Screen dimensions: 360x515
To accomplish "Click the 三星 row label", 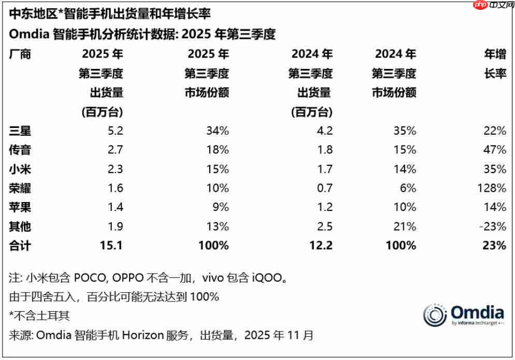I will (x=21, y=130).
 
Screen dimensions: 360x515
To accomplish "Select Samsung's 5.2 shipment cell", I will (x=113, y=130).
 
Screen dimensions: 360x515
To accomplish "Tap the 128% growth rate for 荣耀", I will (x=493, y=188).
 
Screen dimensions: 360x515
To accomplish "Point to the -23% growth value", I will (x=493, y=226).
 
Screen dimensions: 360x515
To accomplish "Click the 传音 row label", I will (x=21, y=149).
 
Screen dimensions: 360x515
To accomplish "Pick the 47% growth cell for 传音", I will (x=496, y=149).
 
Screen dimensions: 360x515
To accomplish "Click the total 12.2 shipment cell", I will (x=321, y=246).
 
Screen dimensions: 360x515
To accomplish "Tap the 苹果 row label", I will (x=21, y=207).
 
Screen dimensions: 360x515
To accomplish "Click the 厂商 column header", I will (x=21, y=54).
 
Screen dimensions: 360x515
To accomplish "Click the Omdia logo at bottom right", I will (x=463, y=315).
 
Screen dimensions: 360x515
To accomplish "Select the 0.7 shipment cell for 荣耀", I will (x=323, y=188).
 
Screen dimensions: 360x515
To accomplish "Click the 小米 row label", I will (x=21, y=168).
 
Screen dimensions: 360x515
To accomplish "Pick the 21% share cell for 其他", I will (x=406, y=226).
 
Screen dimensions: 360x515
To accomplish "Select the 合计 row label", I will (x=21, y=246).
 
